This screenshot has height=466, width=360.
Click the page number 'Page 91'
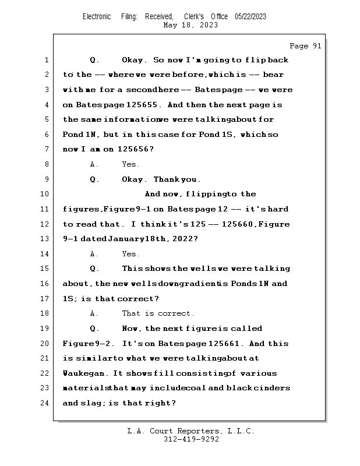point(305,46)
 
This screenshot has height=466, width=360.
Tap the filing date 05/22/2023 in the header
point(250,17)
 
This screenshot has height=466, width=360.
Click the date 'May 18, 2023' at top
point(190,25)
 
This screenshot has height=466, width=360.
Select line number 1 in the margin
point(46,60)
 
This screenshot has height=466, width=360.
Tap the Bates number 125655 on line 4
point(142,105)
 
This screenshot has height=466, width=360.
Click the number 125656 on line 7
point(135,150)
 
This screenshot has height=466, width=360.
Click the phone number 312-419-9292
point(190,440)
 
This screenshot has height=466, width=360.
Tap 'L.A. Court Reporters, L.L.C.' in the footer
point(190,431)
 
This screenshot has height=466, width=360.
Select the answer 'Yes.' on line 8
point(130,165)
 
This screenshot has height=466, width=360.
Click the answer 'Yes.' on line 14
point(130,254)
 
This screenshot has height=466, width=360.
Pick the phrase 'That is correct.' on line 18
point(158,313)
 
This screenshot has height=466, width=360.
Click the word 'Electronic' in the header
point(97,17)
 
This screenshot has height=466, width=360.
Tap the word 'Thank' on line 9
point(165,179)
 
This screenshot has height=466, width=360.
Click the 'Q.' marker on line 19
point(94,329)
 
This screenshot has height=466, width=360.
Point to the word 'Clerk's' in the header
point(194,17)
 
